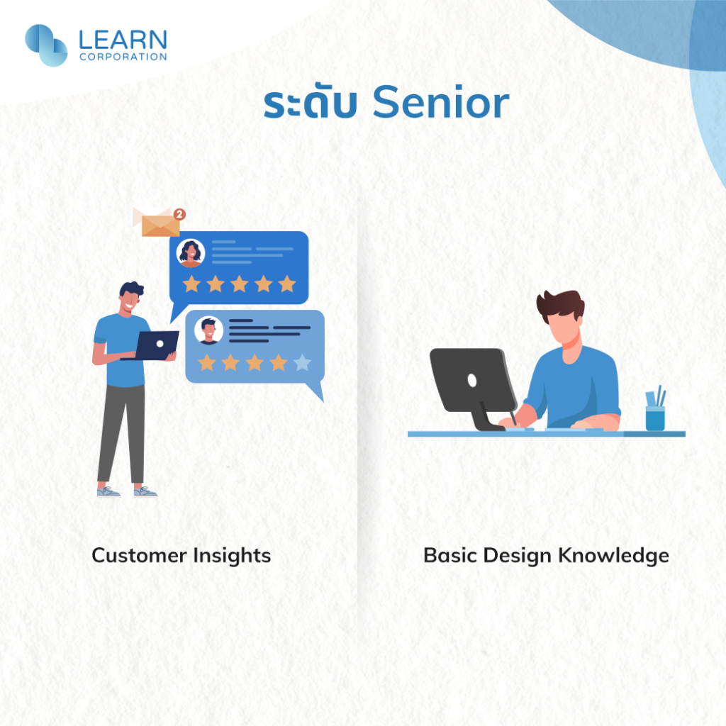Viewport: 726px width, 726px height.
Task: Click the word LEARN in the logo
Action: click(x=123, y=40)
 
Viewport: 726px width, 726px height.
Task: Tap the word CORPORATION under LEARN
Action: click(x=123, y=57)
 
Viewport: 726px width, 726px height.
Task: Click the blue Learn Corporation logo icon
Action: click(x=46, y=45)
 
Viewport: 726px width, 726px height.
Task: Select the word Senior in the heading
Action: click(x=441, y=102)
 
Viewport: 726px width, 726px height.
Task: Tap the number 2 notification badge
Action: click(x=179, y=214)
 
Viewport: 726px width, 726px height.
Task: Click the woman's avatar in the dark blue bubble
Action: click(x=191, y=253)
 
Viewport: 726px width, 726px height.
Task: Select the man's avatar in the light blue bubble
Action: click(x=209, y=330)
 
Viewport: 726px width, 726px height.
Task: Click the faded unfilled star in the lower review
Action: click(x=302, y=362)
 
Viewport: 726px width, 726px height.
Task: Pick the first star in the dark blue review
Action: click(x=191, y=284)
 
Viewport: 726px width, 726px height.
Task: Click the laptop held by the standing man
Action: click(x=154, y=345)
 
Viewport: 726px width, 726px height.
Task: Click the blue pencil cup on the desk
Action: click(x=655, y=418)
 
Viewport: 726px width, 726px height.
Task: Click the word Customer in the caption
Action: click(x=139, y=555)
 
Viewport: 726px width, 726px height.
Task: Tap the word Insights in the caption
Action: click(x=232, y=556)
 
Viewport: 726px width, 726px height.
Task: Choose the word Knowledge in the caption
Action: click(x=613, y=556)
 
